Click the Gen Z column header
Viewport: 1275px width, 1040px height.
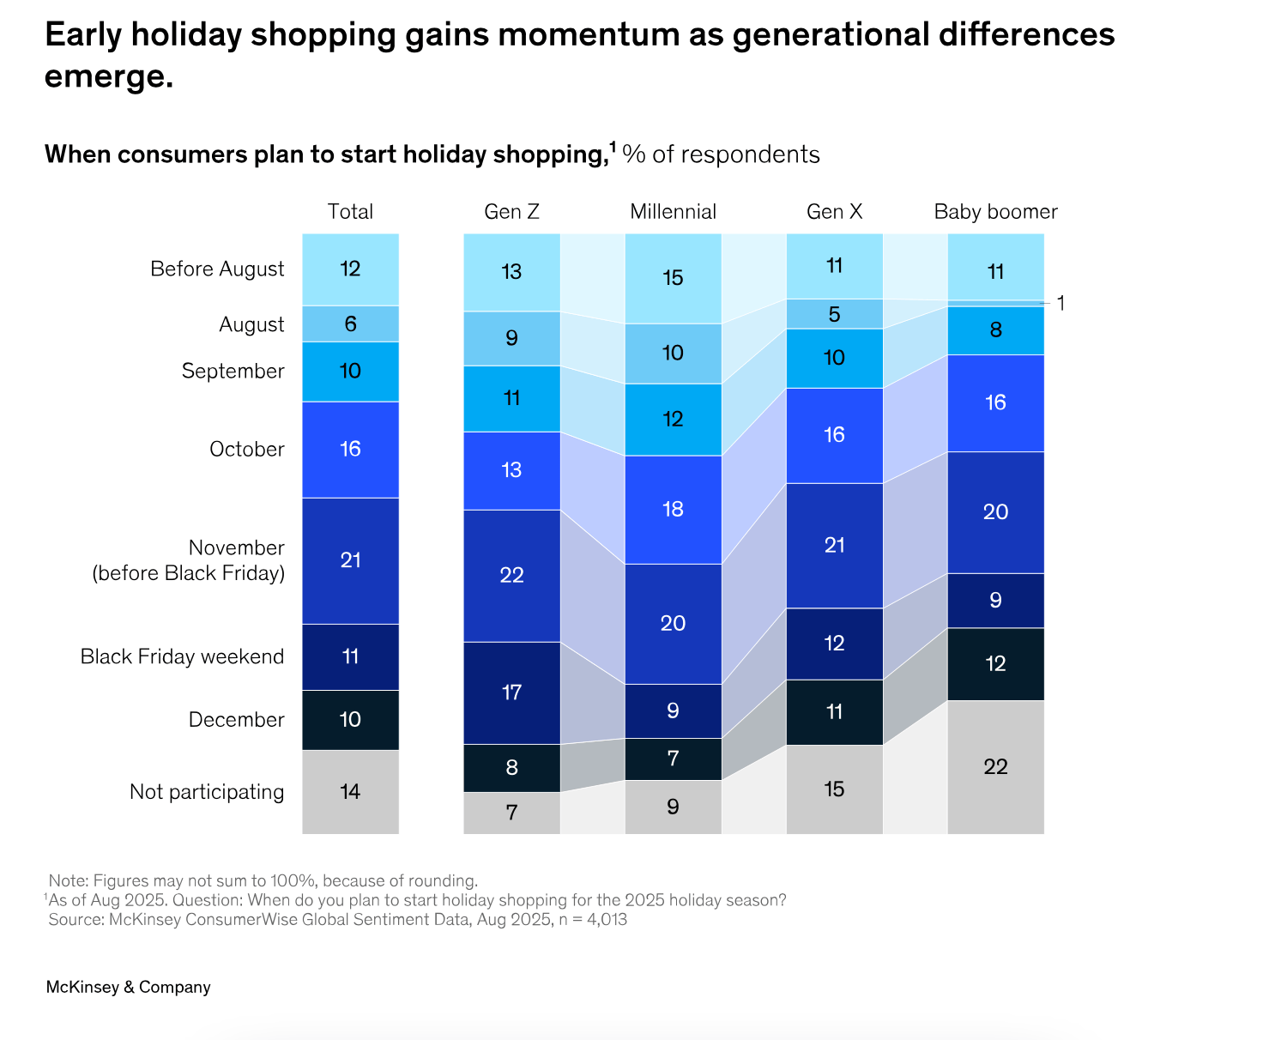[511, 212]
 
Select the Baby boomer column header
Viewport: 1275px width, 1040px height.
[995, 212]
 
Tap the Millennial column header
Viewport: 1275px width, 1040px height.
[673, 212]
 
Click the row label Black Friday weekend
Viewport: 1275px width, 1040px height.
[182, 656]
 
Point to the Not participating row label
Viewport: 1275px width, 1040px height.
[207, 791]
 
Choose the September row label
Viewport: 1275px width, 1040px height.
[233, 371]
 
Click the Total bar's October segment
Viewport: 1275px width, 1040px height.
[350, 449]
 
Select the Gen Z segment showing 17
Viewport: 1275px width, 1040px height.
[511, 692]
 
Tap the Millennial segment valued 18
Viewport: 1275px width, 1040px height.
[673, 509]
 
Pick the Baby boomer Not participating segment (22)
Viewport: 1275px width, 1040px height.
[995, 766]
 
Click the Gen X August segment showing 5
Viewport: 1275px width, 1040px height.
[834, 314]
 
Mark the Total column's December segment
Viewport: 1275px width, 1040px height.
[350, 719]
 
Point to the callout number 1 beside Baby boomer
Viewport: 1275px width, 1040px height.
[1060, 304]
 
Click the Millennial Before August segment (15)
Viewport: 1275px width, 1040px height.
[673, 278]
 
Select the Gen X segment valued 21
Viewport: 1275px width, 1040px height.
[834, 545]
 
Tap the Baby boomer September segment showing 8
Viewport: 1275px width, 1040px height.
[995, 330]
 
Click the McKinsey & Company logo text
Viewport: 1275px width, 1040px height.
[128, 987]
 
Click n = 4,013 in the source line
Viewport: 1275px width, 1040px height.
[592, 920]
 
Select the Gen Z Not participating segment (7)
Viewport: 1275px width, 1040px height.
[511, 812]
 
